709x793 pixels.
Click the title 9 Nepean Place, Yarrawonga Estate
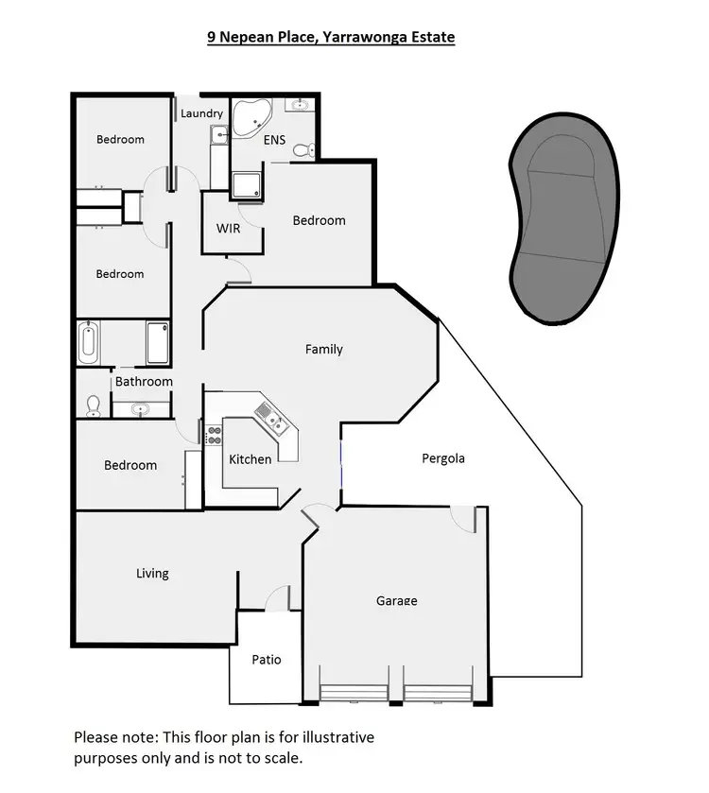pos(331,38)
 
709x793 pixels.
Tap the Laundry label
pos(201,113)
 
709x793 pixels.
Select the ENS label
pos(275,140)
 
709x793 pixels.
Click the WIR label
pos(228,229)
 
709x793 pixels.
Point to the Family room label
pos(323,349)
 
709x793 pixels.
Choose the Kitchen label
pos(251,459)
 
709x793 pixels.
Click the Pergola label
pos(443,458)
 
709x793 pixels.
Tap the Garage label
pos(396,600)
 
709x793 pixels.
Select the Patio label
pos(266,660)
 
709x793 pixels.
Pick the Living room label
pos(152,573)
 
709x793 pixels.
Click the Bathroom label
pos(144,382)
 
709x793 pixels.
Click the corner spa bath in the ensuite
pos(252,118)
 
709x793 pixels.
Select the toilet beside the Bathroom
pos(93,405)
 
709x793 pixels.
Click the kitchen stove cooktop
pos(215,435)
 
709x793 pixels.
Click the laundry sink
pos(219,135)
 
